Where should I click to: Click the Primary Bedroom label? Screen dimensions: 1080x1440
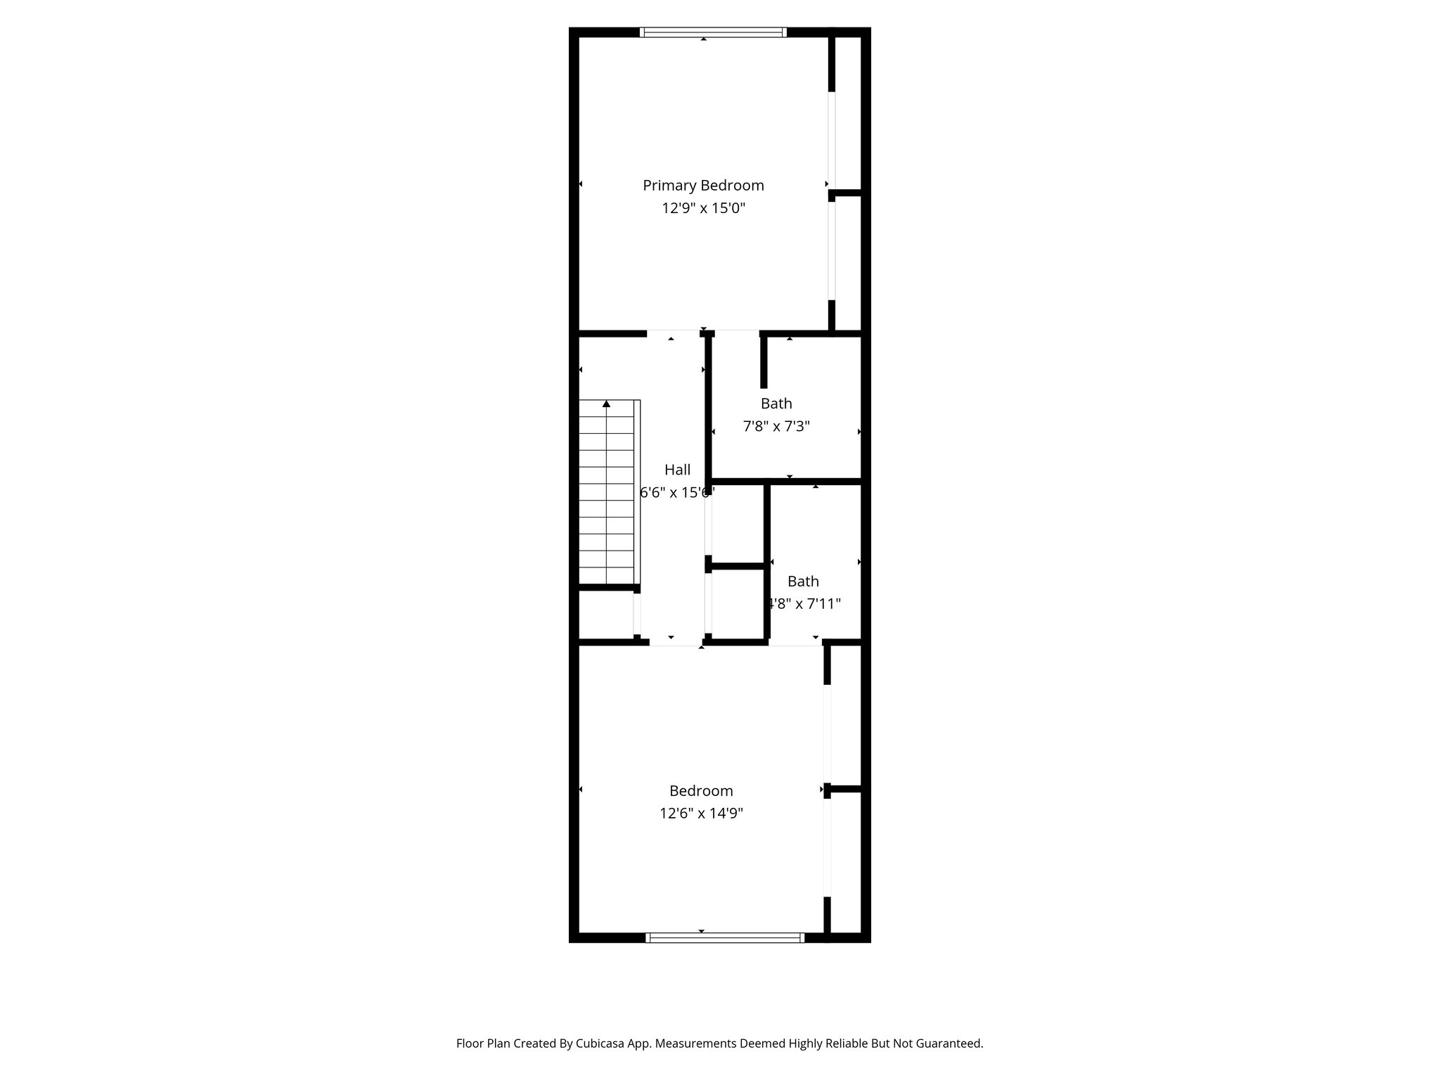click(703, 186)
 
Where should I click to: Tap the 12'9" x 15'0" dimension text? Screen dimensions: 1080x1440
click(703, 209)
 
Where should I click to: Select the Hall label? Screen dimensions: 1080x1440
click(677, 470)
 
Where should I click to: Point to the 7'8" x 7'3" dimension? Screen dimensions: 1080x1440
click(776, 426)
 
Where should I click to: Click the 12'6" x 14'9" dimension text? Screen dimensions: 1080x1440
click(701, 814)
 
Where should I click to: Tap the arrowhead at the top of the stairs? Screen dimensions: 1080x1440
click(606, 404)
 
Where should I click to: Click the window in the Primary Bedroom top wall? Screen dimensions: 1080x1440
click(713, 32)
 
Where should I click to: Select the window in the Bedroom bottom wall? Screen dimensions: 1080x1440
click(724, 937)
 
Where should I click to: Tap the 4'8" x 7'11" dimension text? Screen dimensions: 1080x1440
click(803, 604)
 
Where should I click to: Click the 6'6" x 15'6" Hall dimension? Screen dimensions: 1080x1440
click(676, 492)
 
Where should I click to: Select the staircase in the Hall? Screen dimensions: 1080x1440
click(606, 492)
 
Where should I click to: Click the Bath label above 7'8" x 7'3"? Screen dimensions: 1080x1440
click(776, 404)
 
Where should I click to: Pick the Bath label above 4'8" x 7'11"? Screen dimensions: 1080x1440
click(803, 581)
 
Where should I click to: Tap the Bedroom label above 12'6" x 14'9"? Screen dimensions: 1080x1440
click(701, 791)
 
